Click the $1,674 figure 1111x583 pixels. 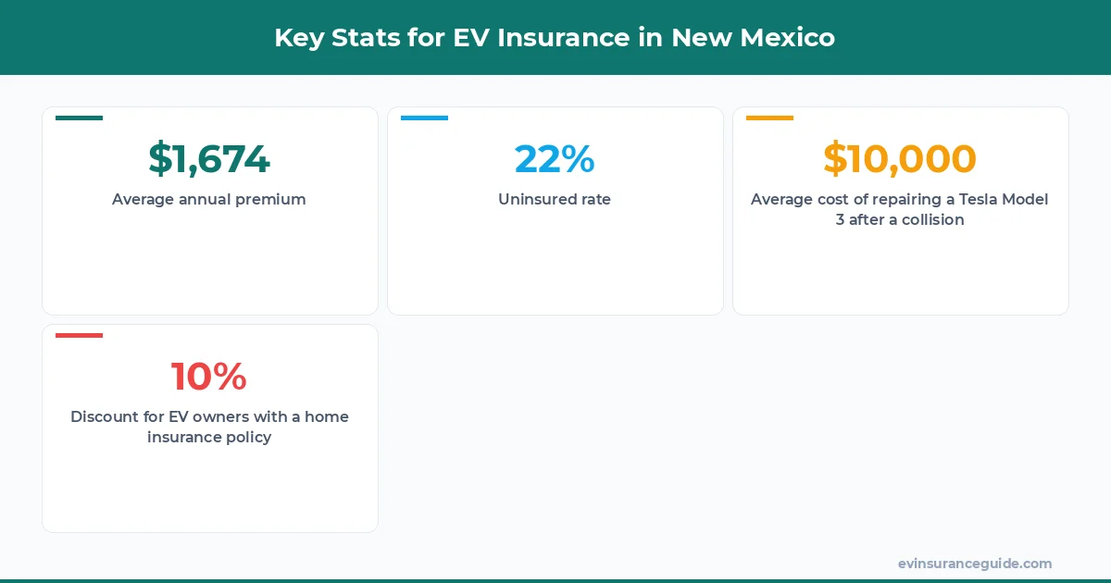tap(209, 159)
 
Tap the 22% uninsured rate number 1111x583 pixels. tap(555, 159)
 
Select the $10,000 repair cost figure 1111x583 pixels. tap(900, 159)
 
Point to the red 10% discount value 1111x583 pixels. tap(209, 377)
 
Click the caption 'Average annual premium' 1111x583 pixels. tap(209, 199)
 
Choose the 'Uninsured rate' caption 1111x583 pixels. tap(555, 199)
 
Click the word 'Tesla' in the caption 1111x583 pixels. tap(954, 199)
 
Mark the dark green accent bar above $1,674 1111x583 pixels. tap(79, 118)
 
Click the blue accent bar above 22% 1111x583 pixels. tap(424, 118)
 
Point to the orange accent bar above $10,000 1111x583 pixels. tap(769, 118)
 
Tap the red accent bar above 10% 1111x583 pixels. tap(79, 335)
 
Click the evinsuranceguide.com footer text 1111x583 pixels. tap(975, 563)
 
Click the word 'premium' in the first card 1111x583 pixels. tap(272, 199)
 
